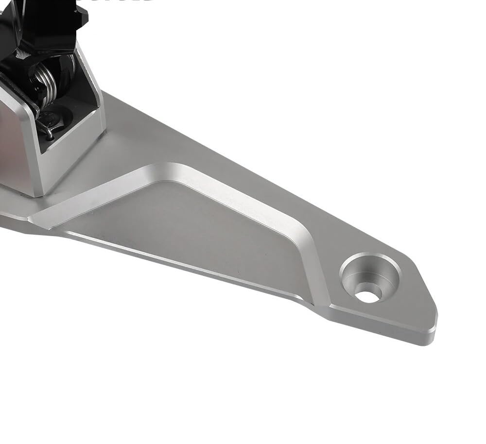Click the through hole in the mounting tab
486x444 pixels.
tap(368, 294)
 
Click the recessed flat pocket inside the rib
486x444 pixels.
tap(204, 233)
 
